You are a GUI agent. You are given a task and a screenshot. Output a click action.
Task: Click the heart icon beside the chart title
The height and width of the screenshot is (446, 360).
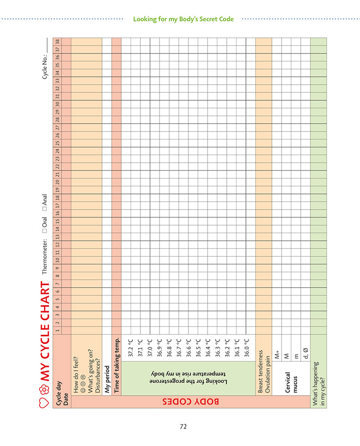point(44,402)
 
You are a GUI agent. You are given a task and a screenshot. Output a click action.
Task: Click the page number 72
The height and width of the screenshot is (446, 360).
point(183,426)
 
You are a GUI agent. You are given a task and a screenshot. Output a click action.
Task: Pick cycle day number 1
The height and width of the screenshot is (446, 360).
point(57,330)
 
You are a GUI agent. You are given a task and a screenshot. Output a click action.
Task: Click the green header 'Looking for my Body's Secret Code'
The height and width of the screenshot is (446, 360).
point(183,19)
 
